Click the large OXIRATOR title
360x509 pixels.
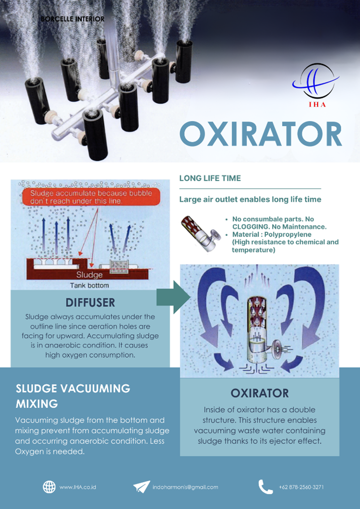click(x=261, y=134)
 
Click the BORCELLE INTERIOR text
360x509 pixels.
click(x=73, y=19)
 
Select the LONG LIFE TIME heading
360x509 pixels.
click(x=210, y=178)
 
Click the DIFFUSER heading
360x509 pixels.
click(x=90, y=302)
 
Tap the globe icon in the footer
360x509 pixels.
click(x=49, y=487)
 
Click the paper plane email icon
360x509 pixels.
click(x=142, y=487)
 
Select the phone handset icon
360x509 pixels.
click(x=266, y=487)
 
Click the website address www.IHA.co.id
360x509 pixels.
click(x=78, y=487)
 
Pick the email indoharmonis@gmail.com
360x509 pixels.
click(x=185, y=487)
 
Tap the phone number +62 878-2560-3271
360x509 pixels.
click(x=301, y=487)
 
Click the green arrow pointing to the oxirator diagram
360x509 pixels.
click(x=173, y=297)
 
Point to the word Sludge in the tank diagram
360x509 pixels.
click(x=89, y=275)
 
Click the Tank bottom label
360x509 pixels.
click(x=89, y=285)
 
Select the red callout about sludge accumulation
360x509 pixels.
click(x=91, y=197)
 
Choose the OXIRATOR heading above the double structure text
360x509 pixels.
click(x=260, y=393)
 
